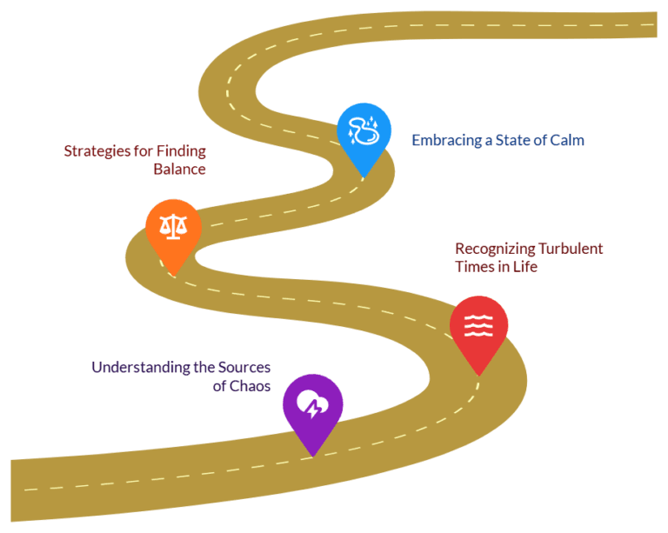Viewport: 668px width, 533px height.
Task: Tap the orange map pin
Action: click(173, 232)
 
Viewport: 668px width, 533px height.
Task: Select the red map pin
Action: click(479, 328)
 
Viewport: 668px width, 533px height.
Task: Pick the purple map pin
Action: click(313, 409)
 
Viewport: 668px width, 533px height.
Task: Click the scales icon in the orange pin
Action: click(173, 226)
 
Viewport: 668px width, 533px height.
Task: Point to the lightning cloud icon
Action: click(313, 403)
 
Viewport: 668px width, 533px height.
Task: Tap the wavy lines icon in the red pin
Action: click(478, 326)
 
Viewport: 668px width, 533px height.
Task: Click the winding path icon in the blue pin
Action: click(364, 130)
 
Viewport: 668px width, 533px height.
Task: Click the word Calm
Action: click(567, 140)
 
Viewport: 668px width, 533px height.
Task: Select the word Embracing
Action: click(446, 141)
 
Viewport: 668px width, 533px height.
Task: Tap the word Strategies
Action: click(97, 151)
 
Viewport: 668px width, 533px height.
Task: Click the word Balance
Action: click(180, 169)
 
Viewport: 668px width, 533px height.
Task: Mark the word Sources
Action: click(244, 367)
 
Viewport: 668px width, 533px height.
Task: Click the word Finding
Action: click(181, 151)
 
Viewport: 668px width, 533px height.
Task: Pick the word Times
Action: click(472, 266)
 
